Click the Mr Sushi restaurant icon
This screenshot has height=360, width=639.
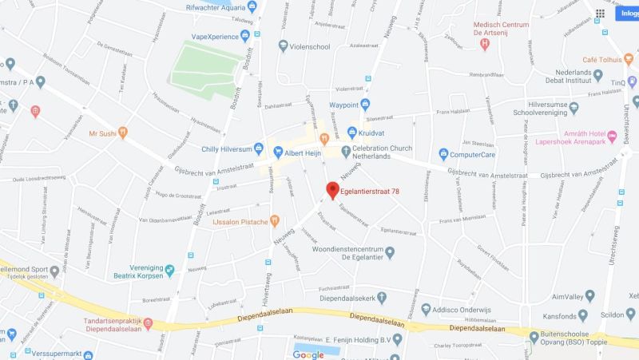(122, 133)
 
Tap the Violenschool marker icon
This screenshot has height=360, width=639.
(283, 46)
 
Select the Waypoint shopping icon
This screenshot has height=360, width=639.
(365, 105)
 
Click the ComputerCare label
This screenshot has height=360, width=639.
(475, 153)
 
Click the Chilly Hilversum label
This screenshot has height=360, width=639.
(220, 149)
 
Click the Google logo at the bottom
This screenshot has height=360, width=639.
(308, 354)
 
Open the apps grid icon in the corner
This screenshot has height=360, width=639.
(600, 14)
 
